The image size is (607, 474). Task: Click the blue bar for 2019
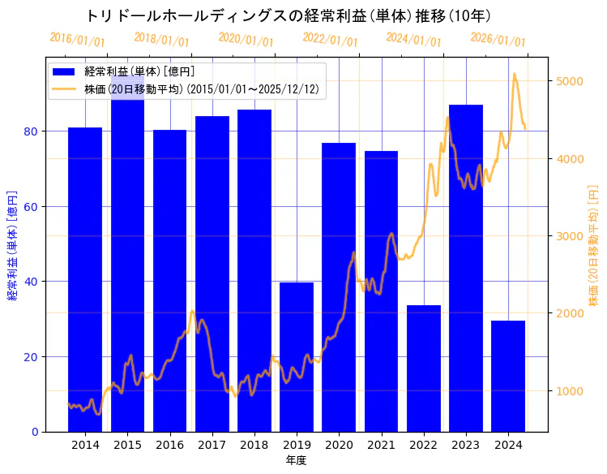tap(297, 357)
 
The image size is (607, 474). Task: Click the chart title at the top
tap(288, 16)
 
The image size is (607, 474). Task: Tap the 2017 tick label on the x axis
tap(212, 445)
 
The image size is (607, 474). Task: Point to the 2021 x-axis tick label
tap(381, 445)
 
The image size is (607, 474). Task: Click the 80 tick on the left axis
tap(31, 131)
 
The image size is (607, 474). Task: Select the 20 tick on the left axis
tap(31, 357)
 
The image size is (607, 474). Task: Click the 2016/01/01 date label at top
tap(77, 39)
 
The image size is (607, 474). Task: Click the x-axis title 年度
tap(296, 460)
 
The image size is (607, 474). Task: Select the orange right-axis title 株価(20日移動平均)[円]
tap(592, 243)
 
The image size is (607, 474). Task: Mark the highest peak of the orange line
tap(514, 74)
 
